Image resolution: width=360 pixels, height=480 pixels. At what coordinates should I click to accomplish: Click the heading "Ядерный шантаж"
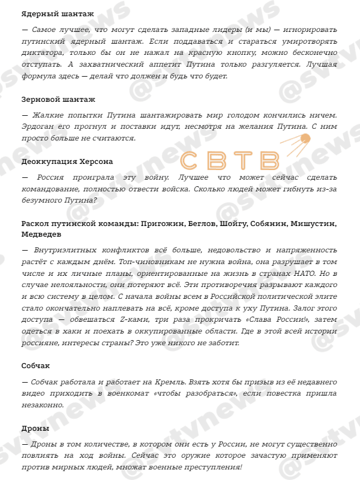[58, 13]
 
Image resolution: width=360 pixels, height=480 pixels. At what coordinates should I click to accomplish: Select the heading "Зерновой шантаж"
[58, 99]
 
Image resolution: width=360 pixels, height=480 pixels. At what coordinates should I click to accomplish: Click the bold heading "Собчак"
[36, 365]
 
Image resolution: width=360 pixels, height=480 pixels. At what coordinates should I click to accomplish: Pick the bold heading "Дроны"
[35, 428]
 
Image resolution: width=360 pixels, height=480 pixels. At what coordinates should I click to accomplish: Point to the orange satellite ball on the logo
[305, 138]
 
